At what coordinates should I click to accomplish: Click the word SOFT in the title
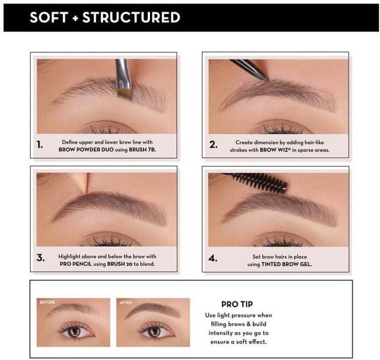[48, 17]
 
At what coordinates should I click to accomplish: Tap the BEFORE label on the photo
[47, 303]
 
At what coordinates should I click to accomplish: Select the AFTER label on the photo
[126, 303]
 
